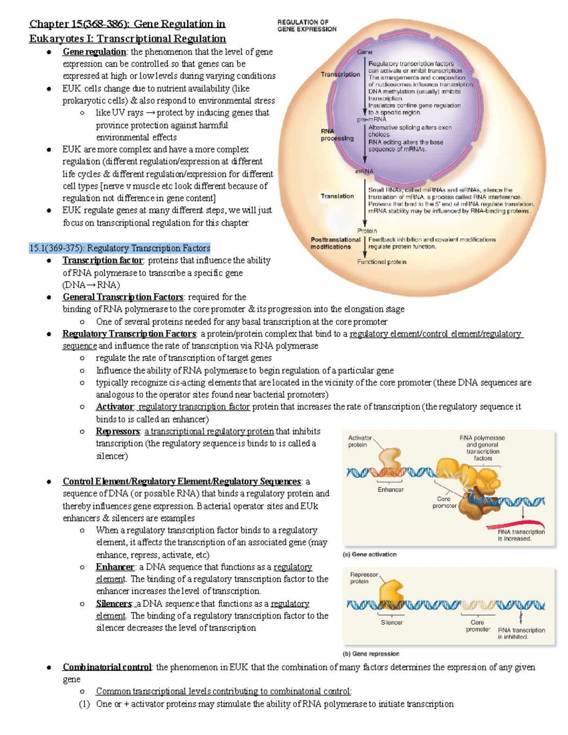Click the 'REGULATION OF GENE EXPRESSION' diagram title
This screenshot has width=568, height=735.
click(307, 26)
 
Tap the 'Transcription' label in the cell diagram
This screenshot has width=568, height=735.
click(340, 74)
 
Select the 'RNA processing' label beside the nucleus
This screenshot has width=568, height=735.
click(337, 135)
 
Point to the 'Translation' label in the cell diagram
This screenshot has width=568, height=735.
click(337, 196)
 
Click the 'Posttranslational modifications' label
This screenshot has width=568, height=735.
click(336, 243)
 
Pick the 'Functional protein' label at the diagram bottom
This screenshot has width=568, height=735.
click(382, 262)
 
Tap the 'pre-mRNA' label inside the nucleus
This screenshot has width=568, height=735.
click(372, 120)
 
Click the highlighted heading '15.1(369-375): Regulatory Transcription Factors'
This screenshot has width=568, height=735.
click(120, 248)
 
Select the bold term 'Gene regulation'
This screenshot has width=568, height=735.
click(94, 52)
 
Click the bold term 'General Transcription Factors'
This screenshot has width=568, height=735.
click(123, 297)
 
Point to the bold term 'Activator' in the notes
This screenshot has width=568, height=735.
click(115, 407)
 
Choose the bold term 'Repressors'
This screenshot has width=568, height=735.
click(117, 432)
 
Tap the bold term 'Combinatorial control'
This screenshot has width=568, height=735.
click(107, 667)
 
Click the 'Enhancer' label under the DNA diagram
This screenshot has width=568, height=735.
click(390, 490)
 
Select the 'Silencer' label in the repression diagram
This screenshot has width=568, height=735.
click(392, 622)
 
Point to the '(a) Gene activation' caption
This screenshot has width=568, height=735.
click(369, 554)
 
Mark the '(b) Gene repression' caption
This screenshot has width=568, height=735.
click(371, 654)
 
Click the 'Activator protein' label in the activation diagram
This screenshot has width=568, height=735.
click(360, 441)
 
